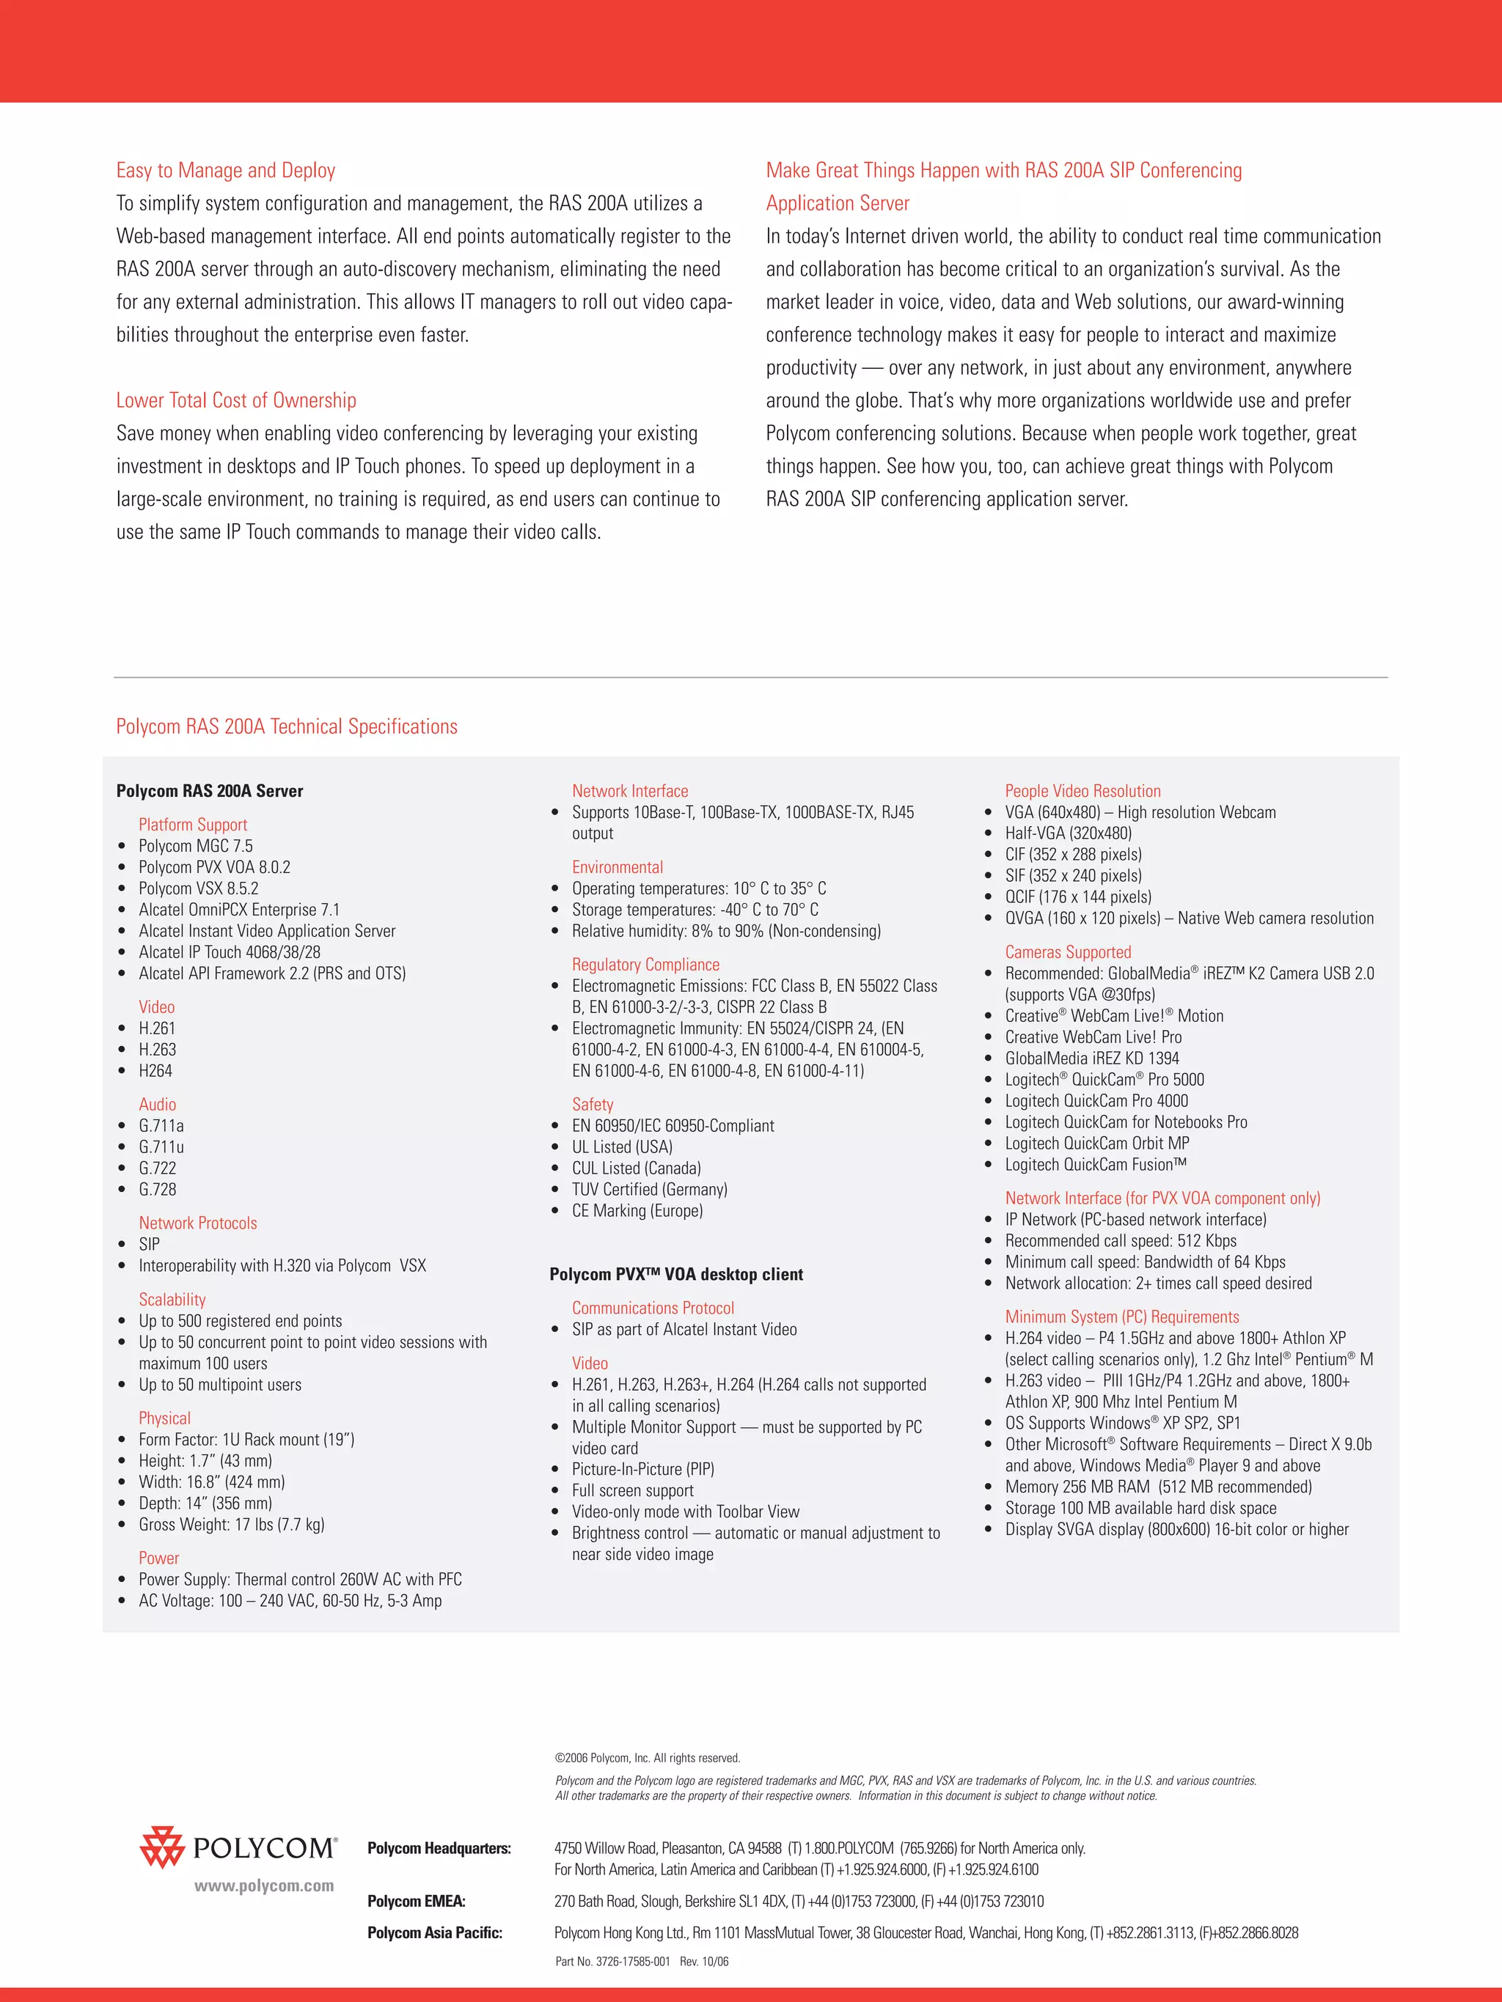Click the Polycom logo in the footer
238,1847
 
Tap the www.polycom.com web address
263,1886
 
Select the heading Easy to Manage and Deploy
225,170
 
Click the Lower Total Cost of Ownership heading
235,400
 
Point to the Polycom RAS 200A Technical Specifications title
286,726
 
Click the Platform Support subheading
192,825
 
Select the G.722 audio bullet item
158,1169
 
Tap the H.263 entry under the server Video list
158,1049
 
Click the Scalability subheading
172,1300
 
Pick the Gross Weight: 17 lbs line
231,1524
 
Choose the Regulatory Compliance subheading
645,965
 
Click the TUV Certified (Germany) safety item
649,1189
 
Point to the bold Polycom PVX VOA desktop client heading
675,1274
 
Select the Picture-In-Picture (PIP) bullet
642,1469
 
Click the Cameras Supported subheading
1067,952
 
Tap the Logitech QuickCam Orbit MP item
1096,1143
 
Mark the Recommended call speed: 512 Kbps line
1120,1241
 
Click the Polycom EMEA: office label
416,1902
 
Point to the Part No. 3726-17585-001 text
613,1961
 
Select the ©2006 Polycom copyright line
648,1758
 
